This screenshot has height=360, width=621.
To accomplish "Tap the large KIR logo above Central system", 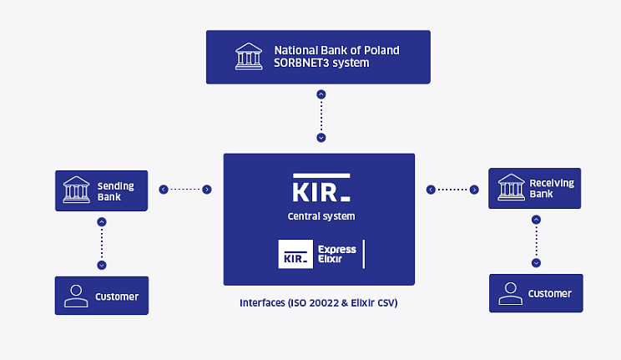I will [x=321, y=190].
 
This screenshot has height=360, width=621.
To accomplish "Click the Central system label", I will [x=321, y=216].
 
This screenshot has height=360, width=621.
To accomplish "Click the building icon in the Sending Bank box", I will [x=77, y=190].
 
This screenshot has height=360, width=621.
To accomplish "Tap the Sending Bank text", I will [x=114, y=191].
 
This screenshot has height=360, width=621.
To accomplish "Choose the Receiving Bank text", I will [x=551, y=189].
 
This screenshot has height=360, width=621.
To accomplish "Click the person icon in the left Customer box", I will [x=77, y=296].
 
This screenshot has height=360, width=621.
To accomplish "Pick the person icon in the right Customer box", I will [x=510, y=293].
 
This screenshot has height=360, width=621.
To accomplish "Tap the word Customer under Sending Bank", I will [x=117, y=297].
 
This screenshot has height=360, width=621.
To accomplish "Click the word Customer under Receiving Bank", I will [x=550, y=294].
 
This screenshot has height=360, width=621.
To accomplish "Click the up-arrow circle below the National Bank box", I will [x=321, y=94].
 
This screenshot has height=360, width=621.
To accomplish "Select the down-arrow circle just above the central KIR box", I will [x=321, y=137].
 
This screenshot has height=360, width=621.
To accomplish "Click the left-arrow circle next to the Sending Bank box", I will [x=164, y=190].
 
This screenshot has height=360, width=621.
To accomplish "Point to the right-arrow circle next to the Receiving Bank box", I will [x=474, y=190].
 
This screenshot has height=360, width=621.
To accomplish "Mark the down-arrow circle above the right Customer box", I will [x=536, y=262].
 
